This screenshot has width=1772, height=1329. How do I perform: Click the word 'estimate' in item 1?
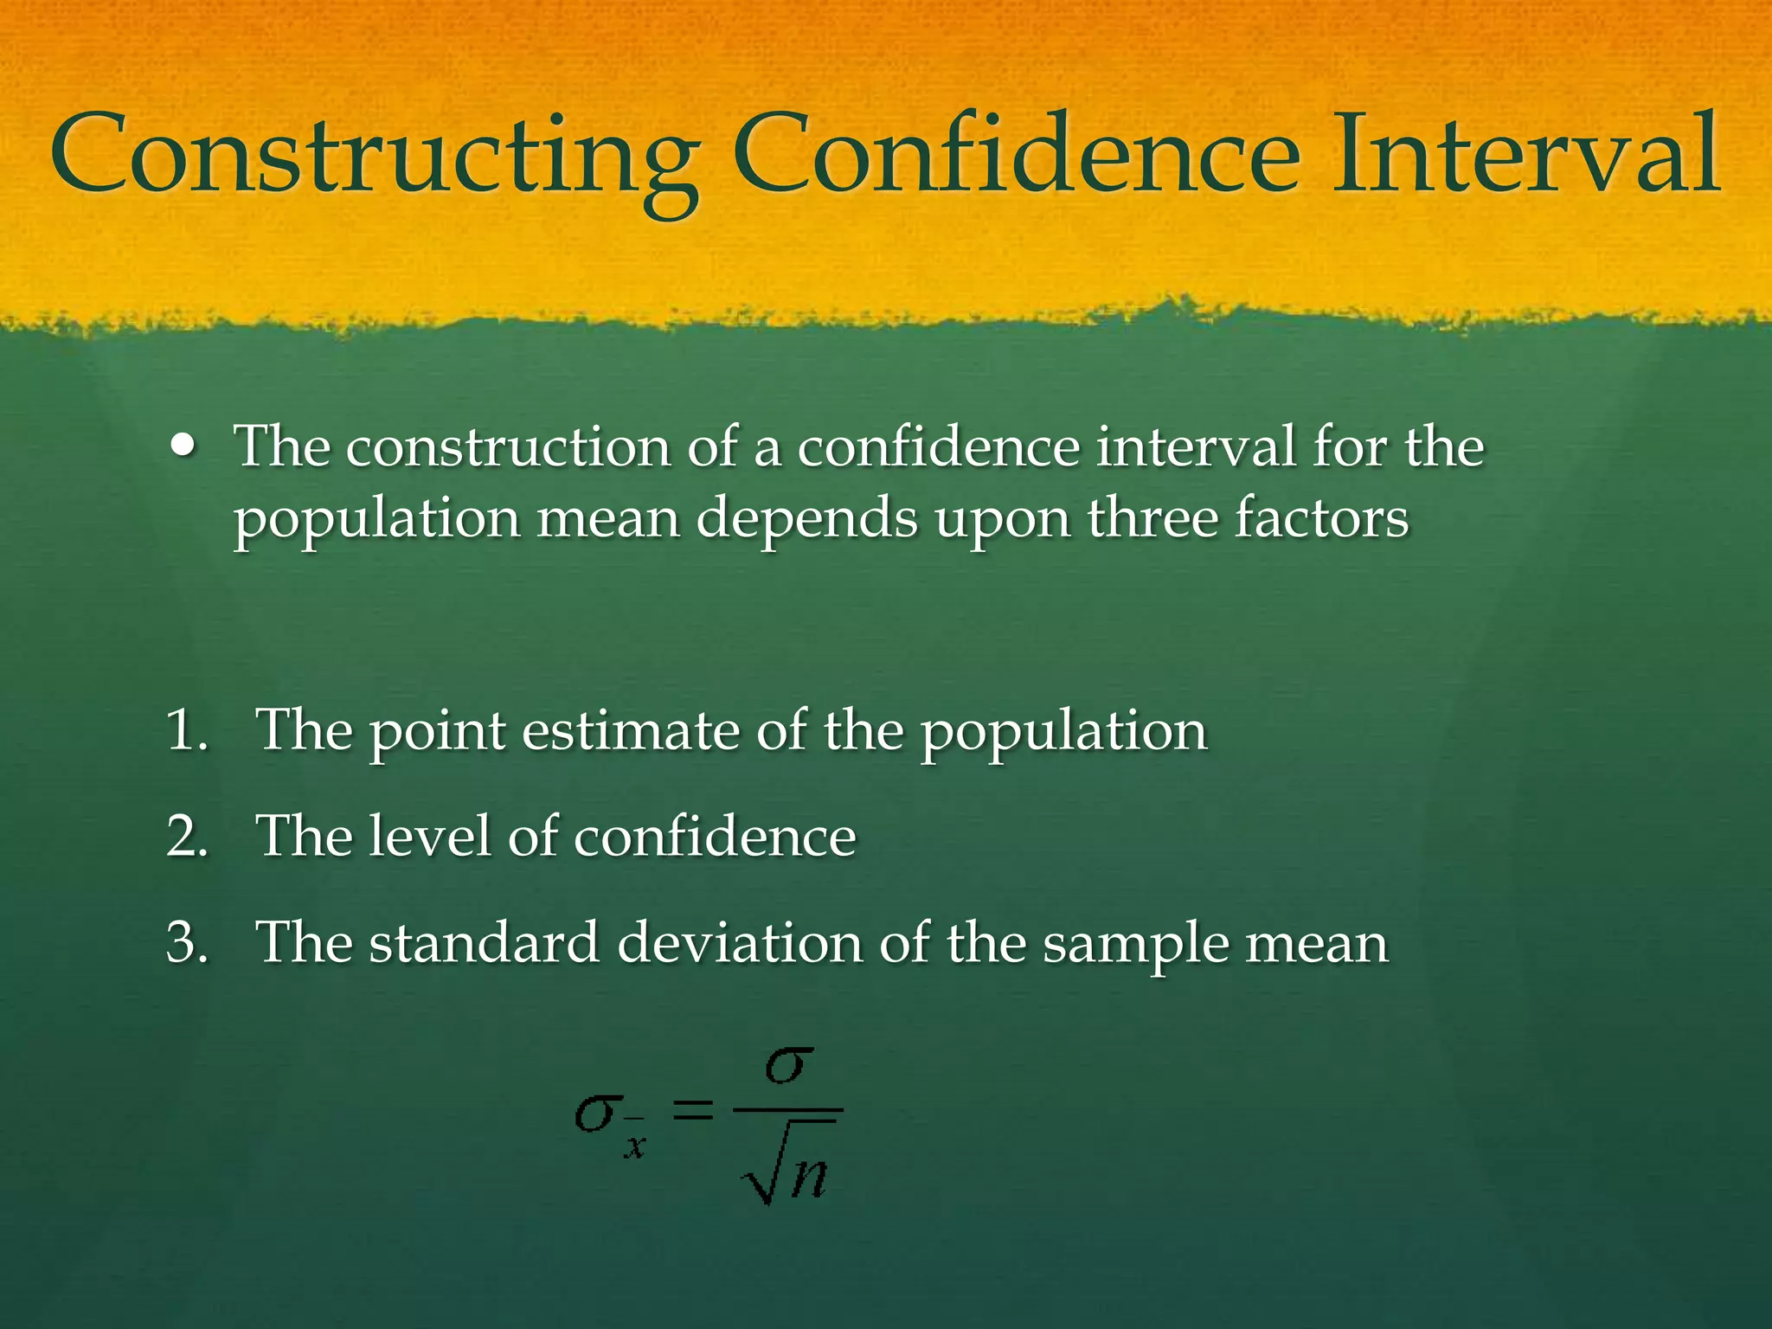click(631, 730)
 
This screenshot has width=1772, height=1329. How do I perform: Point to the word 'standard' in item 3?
click(485, 942)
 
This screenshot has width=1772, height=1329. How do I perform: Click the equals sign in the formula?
click(693, 1110)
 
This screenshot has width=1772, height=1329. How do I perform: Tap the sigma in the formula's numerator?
click(788, 1066)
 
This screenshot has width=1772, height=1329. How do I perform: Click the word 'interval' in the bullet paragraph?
click(1195, 446)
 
